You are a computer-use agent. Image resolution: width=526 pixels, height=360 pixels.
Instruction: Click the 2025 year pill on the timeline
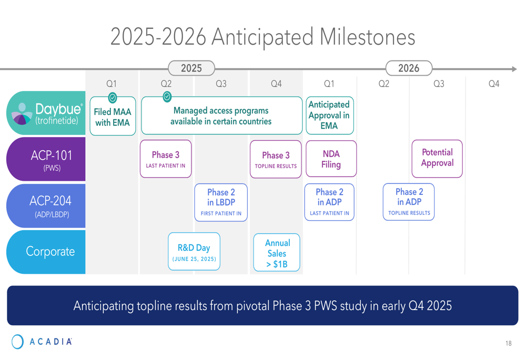click(x=191, y=68)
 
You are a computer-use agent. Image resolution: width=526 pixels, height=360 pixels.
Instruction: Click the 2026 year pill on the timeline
click(x=409, y=68)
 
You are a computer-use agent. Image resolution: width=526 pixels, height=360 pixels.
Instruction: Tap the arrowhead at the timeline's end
click(x=514, y=69)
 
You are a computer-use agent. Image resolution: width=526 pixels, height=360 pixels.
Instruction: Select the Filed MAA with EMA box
click(x=113, y=116)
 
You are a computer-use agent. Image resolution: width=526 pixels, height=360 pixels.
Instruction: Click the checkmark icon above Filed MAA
click(x=113, y=98)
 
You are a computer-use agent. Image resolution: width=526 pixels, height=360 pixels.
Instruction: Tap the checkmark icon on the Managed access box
click(x=167, y=97)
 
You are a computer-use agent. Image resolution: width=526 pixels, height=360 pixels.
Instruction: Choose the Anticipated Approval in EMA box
click(x=330, y=115)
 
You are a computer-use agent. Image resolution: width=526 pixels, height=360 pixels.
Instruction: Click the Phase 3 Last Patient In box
click(x=166, y=159)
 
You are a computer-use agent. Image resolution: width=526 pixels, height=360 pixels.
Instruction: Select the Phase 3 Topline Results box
click(x=276, y=159)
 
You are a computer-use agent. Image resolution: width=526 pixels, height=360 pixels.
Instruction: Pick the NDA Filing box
click(x=331, y=159)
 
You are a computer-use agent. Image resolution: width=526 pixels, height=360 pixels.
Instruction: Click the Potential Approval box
click(x=437, y=159)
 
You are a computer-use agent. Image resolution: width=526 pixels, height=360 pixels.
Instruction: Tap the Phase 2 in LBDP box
click(x=221, y=202)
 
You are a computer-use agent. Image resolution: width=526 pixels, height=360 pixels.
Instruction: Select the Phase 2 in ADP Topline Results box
click(x=409, y=202)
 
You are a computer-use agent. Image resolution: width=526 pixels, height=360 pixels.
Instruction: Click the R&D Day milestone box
click(x=194, y=251)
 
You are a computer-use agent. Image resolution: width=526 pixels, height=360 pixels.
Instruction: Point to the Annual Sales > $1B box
click(x=277, y=252)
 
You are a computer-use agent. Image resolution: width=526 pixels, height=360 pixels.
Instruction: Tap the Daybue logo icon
click(x=22, y=114)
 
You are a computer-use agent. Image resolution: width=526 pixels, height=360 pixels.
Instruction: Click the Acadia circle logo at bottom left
click(x=17, y=342)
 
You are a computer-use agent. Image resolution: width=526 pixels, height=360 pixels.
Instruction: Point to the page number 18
click(x=509, y=343)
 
